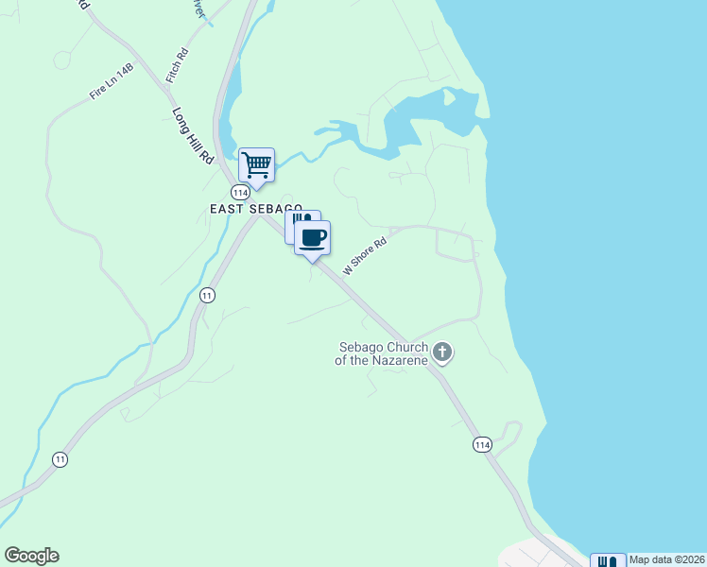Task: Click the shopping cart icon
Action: click(256, 165)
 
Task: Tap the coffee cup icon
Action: click(312, 237)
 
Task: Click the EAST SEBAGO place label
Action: click(255, 208)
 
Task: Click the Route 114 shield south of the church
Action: click(482, 444)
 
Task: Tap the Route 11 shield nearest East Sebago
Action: click(207, 296)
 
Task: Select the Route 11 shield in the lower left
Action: click(60, 459)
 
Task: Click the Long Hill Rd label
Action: click(194, 136)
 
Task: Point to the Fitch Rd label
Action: click(177, 65)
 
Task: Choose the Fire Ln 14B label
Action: click(112, 81)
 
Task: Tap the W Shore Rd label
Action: click(365, 255)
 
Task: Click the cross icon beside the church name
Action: click(442, 353)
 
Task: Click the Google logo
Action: click(31, 556)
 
